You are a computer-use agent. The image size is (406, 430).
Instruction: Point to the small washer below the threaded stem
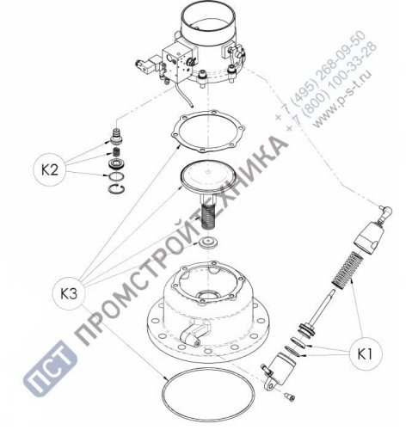click(206, 245)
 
